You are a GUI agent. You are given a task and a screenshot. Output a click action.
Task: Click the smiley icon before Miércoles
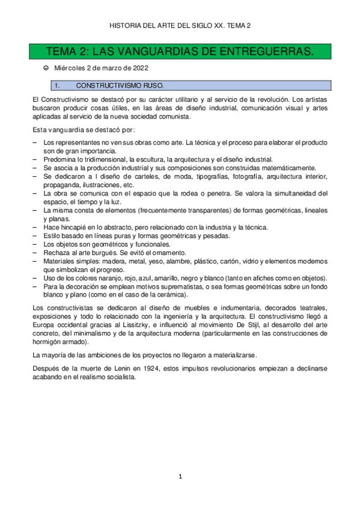(46, 68)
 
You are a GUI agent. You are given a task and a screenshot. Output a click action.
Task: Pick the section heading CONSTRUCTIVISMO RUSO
(120, 85)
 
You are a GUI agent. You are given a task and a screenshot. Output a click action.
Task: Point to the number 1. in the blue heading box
(58, 85)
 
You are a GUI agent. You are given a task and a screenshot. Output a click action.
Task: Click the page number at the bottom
(180, 477)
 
